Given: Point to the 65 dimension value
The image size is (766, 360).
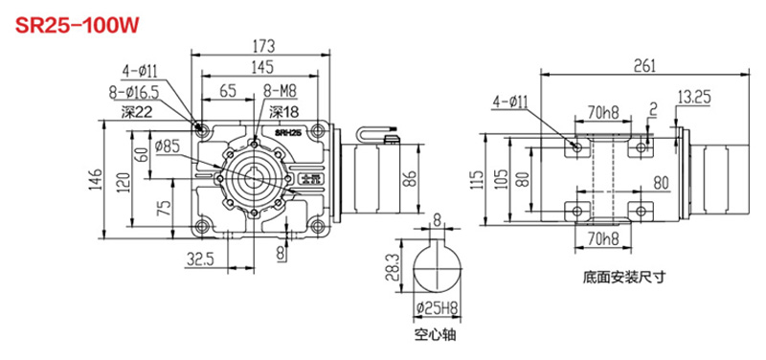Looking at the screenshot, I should click(227, 92).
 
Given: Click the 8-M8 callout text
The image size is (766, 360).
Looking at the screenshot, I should click(278, 92).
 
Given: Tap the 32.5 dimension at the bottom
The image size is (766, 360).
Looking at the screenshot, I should click(198, 259).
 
